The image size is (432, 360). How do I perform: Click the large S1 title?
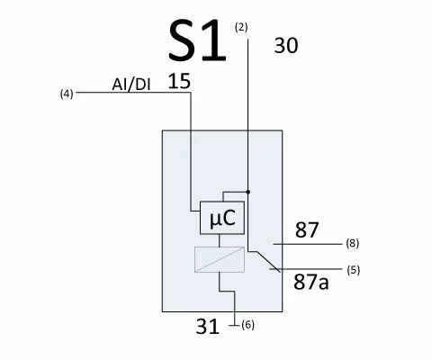click(x=197, y=40)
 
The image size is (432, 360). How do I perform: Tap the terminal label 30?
click(x=286, y=46)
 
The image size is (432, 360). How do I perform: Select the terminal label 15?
click(x=179, y=81)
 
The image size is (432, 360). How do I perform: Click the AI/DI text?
click(x=131, y=85)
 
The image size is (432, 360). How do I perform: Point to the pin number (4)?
click(x=67, y=94)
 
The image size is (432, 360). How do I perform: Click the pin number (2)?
click(x=241, y=27)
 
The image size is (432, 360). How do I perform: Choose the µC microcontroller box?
click(x=222, y=218)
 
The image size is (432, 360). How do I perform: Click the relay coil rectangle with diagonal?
click(x=220, y=259)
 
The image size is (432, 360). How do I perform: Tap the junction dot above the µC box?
click(x=248, y=192)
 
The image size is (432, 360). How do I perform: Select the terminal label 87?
click(x=307, y=229)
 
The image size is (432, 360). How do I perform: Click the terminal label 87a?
click(x=311, y=283)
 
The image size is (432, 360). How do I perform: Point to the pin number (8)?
click(x=353, y=243)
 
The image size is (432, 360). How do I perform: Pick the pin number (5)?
click(x=354, y=270)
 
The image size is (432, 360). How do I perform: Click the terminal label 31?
click(x=208, y=327)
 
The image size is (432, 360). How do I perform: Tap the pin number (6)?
click(x=247, y=325)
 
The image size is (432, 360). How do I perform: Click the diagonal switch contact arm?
click(x=268, y=262)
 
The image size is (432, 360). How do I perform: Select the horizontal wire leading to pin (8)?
click(x=308, y=244)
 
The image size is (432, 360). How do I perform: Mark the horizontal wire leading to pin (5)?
click(x=306, y=269)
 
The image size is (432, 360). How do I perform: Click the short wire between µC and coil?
click(x=220, y=240)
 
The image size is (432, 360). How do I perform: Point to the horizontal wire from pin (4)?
click(x=133, y=93)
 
